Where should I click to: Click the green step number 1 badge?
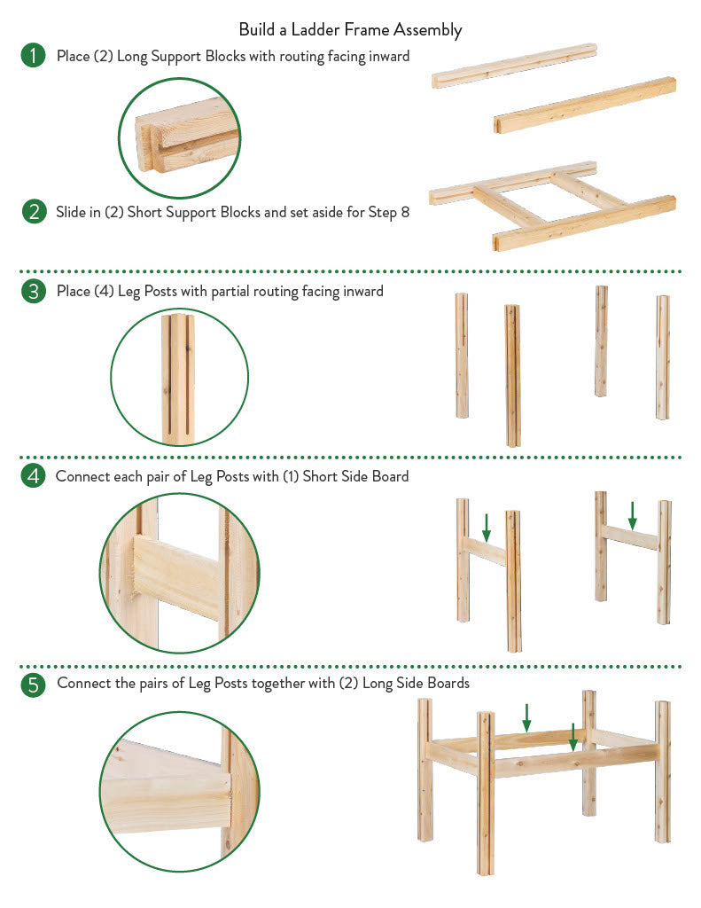(33, 55)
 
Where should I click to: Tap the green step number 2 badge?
(35, 211)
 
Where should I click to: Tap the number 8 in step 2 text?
(405, 212)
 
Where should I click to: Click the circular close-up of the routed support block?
(179, 138)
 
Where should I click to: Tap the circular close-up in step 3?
(179, 377)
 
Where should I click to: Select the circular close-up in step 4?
(179, 574)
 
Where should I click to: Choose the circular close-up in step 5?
(179, 792)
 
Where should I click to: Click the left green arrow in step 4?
(487, 528)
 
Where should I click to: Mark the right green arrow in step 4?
(632, 516)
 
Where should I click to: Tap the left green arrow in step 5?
(526, 718)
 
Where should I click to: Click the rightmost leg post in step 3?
(663, 357)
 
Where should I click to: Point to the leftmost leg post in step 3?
(462, 355)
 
